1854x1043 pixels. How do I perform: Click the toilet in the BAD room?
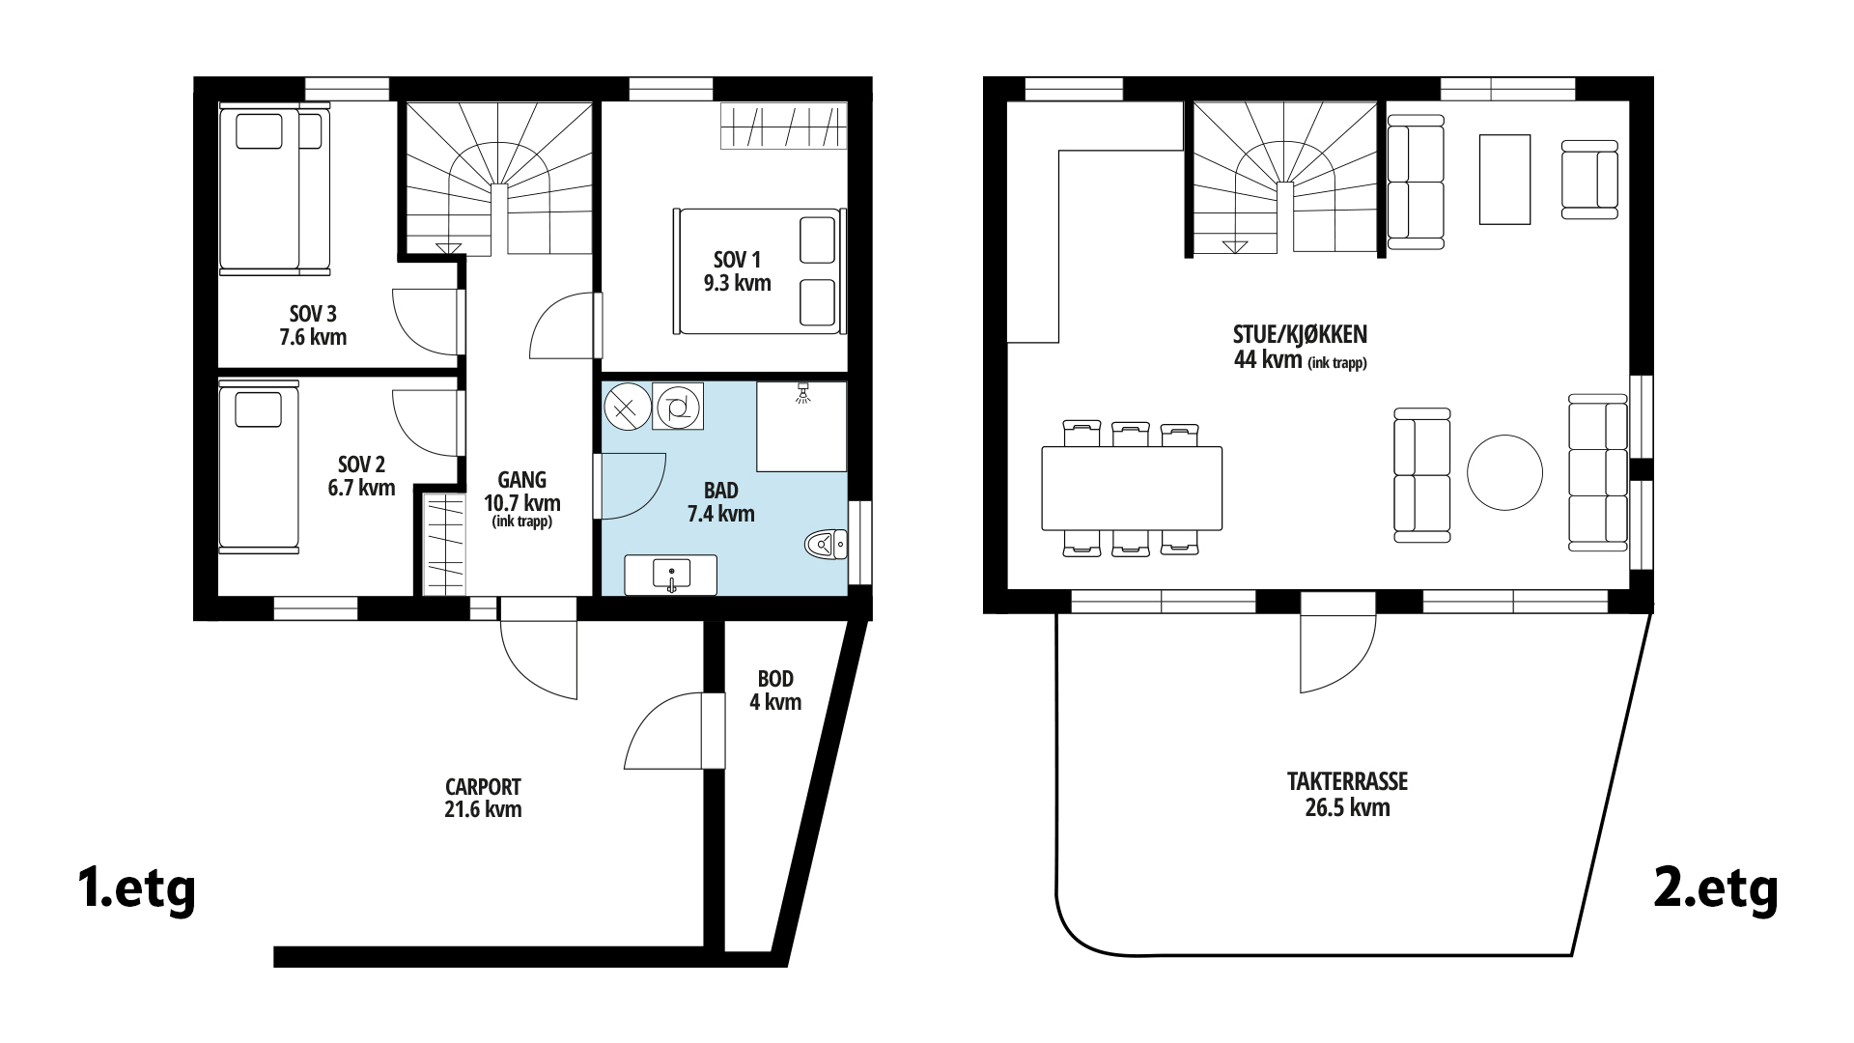826,546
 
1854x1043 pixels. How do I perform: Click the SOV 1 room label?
738,271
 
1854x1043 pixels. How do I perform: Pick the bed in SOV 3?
274,189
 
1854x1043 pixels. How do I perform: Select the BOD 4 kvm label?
775,691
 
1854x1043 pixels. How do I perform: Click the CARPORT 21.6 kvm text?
483,798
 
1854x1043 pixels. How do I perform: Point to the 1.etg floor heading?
136,889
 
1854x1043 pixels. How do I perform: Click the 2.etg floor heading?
1716,889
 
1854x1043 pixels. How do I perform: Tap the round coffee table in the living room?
1504,472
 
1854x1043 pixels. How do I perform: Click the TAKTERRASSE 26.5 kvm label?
1347,794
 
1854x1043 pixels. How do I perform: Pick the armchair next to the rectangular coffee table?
1589,179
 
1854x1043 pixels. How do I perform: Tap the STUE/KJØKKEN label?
1300,346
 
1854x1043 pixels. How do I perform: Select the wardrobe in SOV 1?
783,127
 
